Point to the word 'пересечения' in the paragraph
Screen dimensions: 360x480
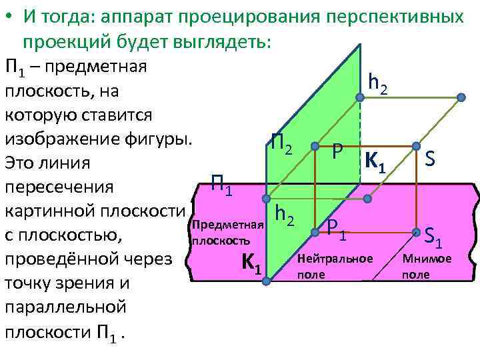pos(59,187)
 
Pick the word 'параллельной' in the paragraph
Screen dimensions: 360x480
pos(65,307)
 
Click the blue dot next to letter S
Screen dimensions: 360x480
pos(417,146)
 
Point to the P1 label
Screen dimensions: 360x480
pos(337,229)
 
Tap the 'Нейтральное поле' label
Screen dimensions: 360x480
pos(335,265)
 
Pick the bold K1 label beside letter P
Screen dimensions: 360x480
pos(375,162)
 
